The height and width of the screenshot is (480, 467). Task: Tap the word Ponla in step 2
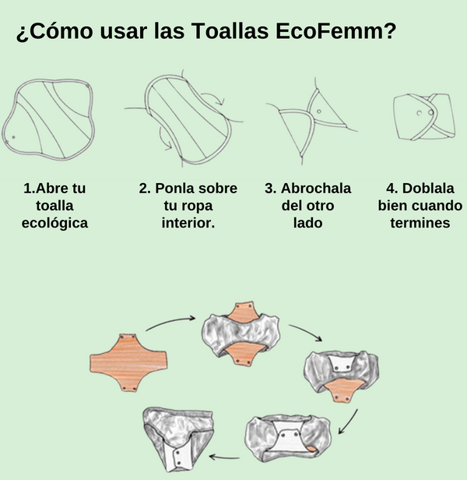(x=174, y=189)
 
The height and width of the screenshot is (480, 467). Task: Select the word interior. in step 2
(x=188, y=223)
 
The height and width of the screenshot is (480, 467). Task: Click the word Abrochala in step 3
(x=315, y=189)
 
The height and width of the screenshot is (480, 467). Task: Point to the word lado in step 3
(x=307, y=223)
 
